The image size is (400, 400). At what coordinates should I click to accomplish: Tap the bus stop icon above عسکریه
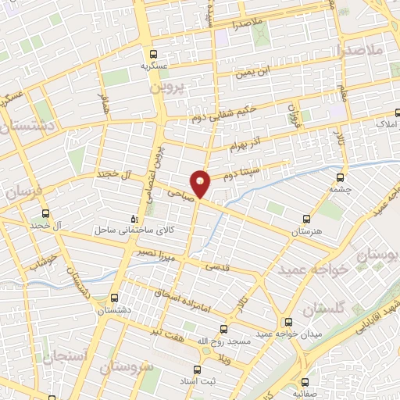point(154,55)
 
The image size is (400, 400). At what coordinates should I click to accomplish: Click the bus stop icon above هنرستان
point(306,220)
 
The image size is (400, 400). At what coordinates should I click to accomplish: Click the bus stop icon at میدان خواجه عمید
point(288,321)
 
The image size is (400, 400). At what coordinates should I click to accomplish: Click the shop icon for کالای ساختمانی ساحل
point(135,218)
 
